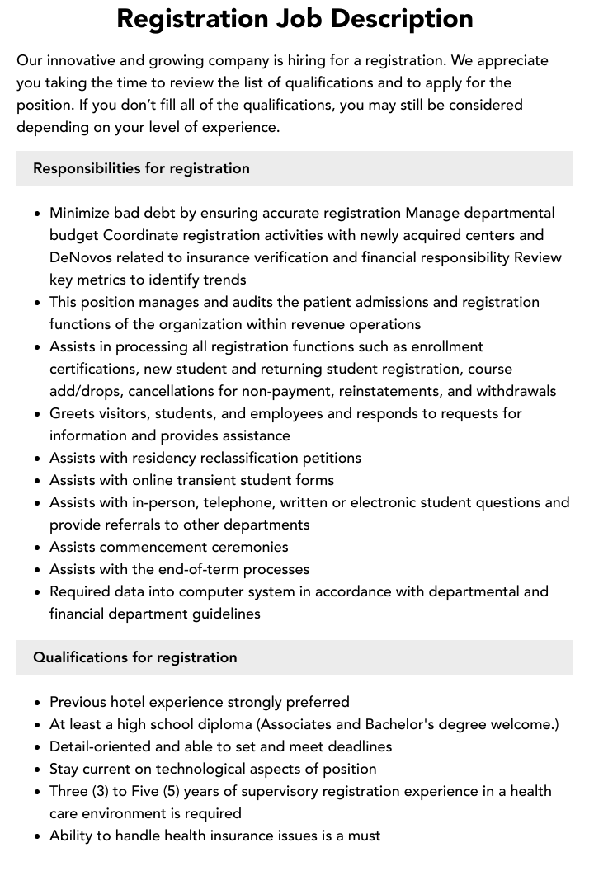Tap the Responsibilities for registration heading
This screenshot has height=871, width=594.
pos(141,168)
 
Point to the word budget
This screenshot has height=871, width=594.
pos(74,235)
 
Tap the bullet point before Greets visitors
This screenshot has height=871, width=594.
pos(37,413)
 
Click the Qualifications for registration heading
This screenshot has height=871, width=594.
pos(134,657)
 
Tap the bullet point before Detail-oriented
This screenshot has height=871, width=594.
pos(37,746)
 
